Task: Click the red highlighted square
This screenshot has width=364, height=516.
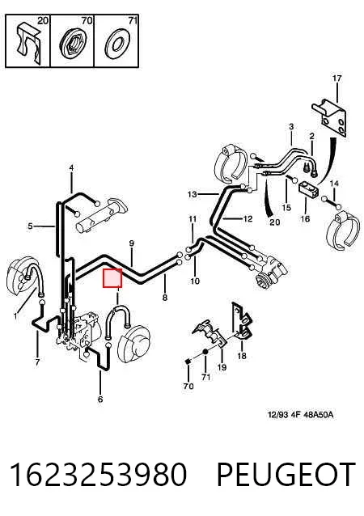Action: click(x=112, y=278)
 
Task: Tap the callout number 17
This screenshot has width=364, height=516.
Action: click(x=336, y=78)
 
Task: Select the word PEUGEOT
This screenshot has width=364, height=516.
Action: click(x=286, y=474)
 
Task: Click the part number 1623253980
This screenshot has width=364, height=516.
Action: click(x=99, y=474)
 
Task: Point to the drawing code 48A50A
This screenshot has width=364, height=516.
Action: click(x=318, y=414)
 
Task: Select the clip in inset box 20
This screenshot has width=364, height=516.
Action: click(x=28, y=42)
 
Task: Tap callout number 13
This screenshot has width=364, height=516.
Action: click(x=193, y=194)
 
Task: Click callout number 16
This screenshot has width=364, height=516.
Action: click(x=305, y=218)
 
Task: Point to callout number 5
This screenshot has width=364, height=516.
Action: click(x=30, y=226)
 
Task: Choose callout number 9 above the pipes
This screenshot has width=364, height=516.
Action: click(x=132, y=243)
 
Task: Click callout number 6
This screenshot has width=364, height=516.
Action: click(x=100, y=400)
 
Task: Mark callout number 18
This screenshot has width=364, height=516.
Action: click(x=242, y=356)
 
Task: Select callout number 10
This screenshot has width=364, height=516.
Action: click(x=195, y=281)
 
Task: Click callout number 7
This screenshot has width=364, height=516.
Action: click(x=37, y=362)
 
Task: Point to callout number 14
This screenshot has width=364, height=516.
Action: click(x=334, y=184)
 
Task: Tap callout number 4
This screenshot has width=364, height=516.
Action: click(x=71, y=168)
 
